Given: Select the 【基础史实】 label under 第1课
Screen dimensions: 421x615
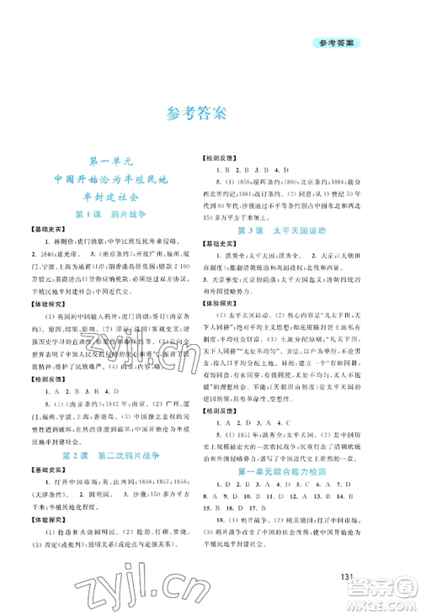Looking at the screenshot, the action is (x=46, y=231).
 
